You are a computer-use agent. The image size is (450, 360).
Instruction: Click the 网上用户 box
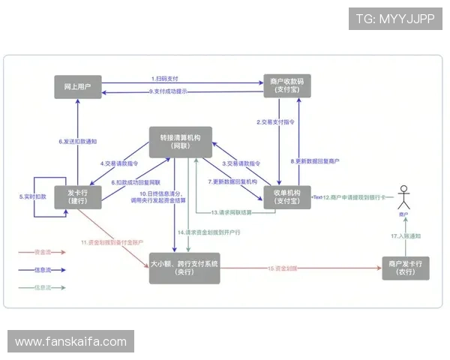[x=78, y=86]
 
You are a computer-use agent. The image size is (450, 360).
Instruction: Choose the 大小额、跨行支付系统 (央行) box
[x=184, y=268]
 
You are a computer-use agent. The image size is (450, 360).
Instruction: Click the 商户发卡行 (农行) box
[x=406, y=268]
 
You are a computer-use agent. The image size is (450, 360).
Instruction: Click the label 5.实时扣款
[x=32, y=196]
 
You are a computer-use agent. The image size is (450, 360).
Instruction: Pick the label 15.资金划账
[x=282, y=268]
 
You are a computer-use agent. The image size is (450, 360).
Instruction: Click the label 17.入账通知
[x=406, y=236]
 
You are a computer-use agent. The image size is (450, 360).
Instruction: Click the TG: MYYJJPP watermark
[x=395, y=19]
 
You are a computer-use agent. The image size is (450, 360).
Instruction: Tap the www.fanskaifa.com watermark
[x=71, y=342]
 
